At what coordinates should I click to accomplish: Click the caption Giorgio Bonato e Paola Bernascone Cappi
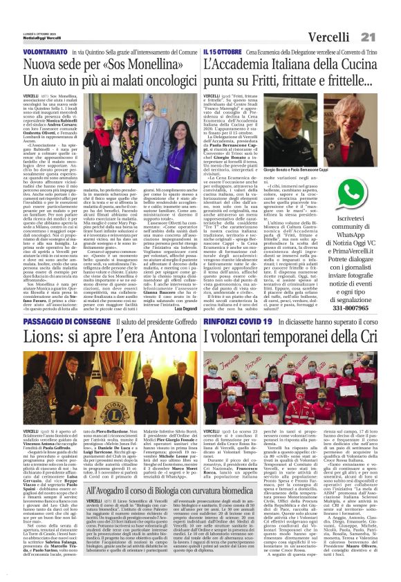(291, 168)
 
